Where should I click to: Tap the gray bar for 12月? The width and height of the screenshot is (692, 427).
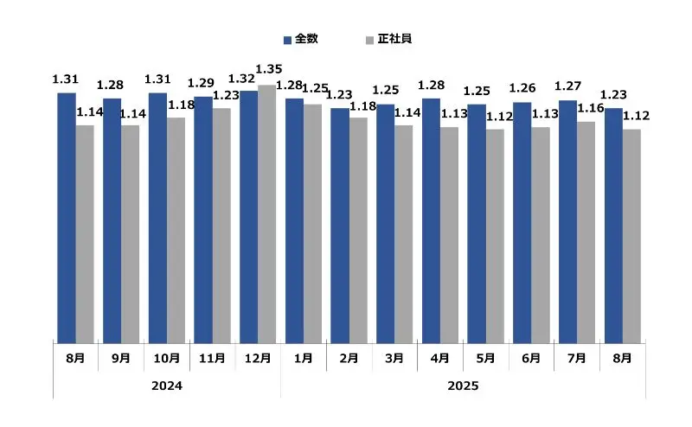[x=266, y=213]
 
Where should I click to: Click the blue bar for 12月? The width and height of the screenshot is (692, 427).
[x=248, y=216]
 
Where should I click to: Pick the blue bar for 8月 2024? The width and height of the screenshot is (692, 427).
[x=66, y=217]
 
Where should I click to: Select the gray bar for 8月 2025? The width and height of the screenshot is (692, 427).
[x=632, y=235]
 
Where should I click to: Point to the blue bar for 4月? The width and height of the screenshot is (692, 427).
[x=431, y=220]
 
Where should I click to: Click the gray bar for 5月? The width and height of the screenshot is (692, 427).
[x=495, y=235]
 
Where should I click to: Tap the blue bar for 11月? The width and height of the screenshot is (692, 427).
[x=202, y=219]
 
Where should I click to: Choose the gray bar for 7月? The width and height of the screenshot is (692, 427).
[x=586, y=232]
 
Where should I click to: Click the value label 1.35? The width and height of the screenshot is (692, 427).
[x=270, y=69]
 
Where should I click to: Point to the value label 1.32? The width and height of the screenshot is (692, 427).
[x=240, y=79]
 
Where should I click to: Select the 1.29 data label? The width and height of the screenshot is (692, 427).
[x=201, y=83]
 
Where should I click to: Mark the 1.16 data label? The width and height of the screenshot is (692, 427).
[x=590, y=108]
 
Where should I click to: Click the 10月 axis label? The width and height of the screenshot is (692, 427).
[x=166, y=358]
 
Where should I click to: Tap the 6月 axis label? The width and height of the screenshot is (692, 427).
[x=530, y=358]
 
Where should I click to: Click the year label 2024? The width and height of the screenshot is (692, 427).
[x=166, y=385]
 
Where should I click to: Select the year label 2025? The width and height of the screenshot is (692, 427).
[x=463, y=385]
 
